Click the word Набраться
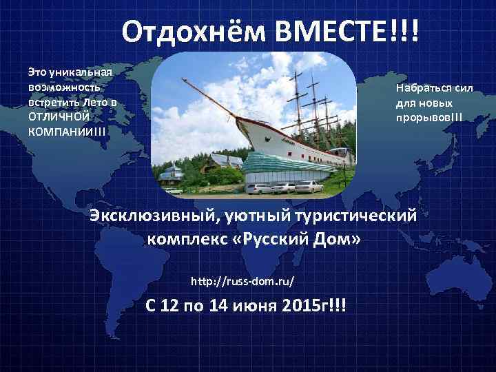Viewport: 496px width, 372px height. [x=422, y=88]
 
